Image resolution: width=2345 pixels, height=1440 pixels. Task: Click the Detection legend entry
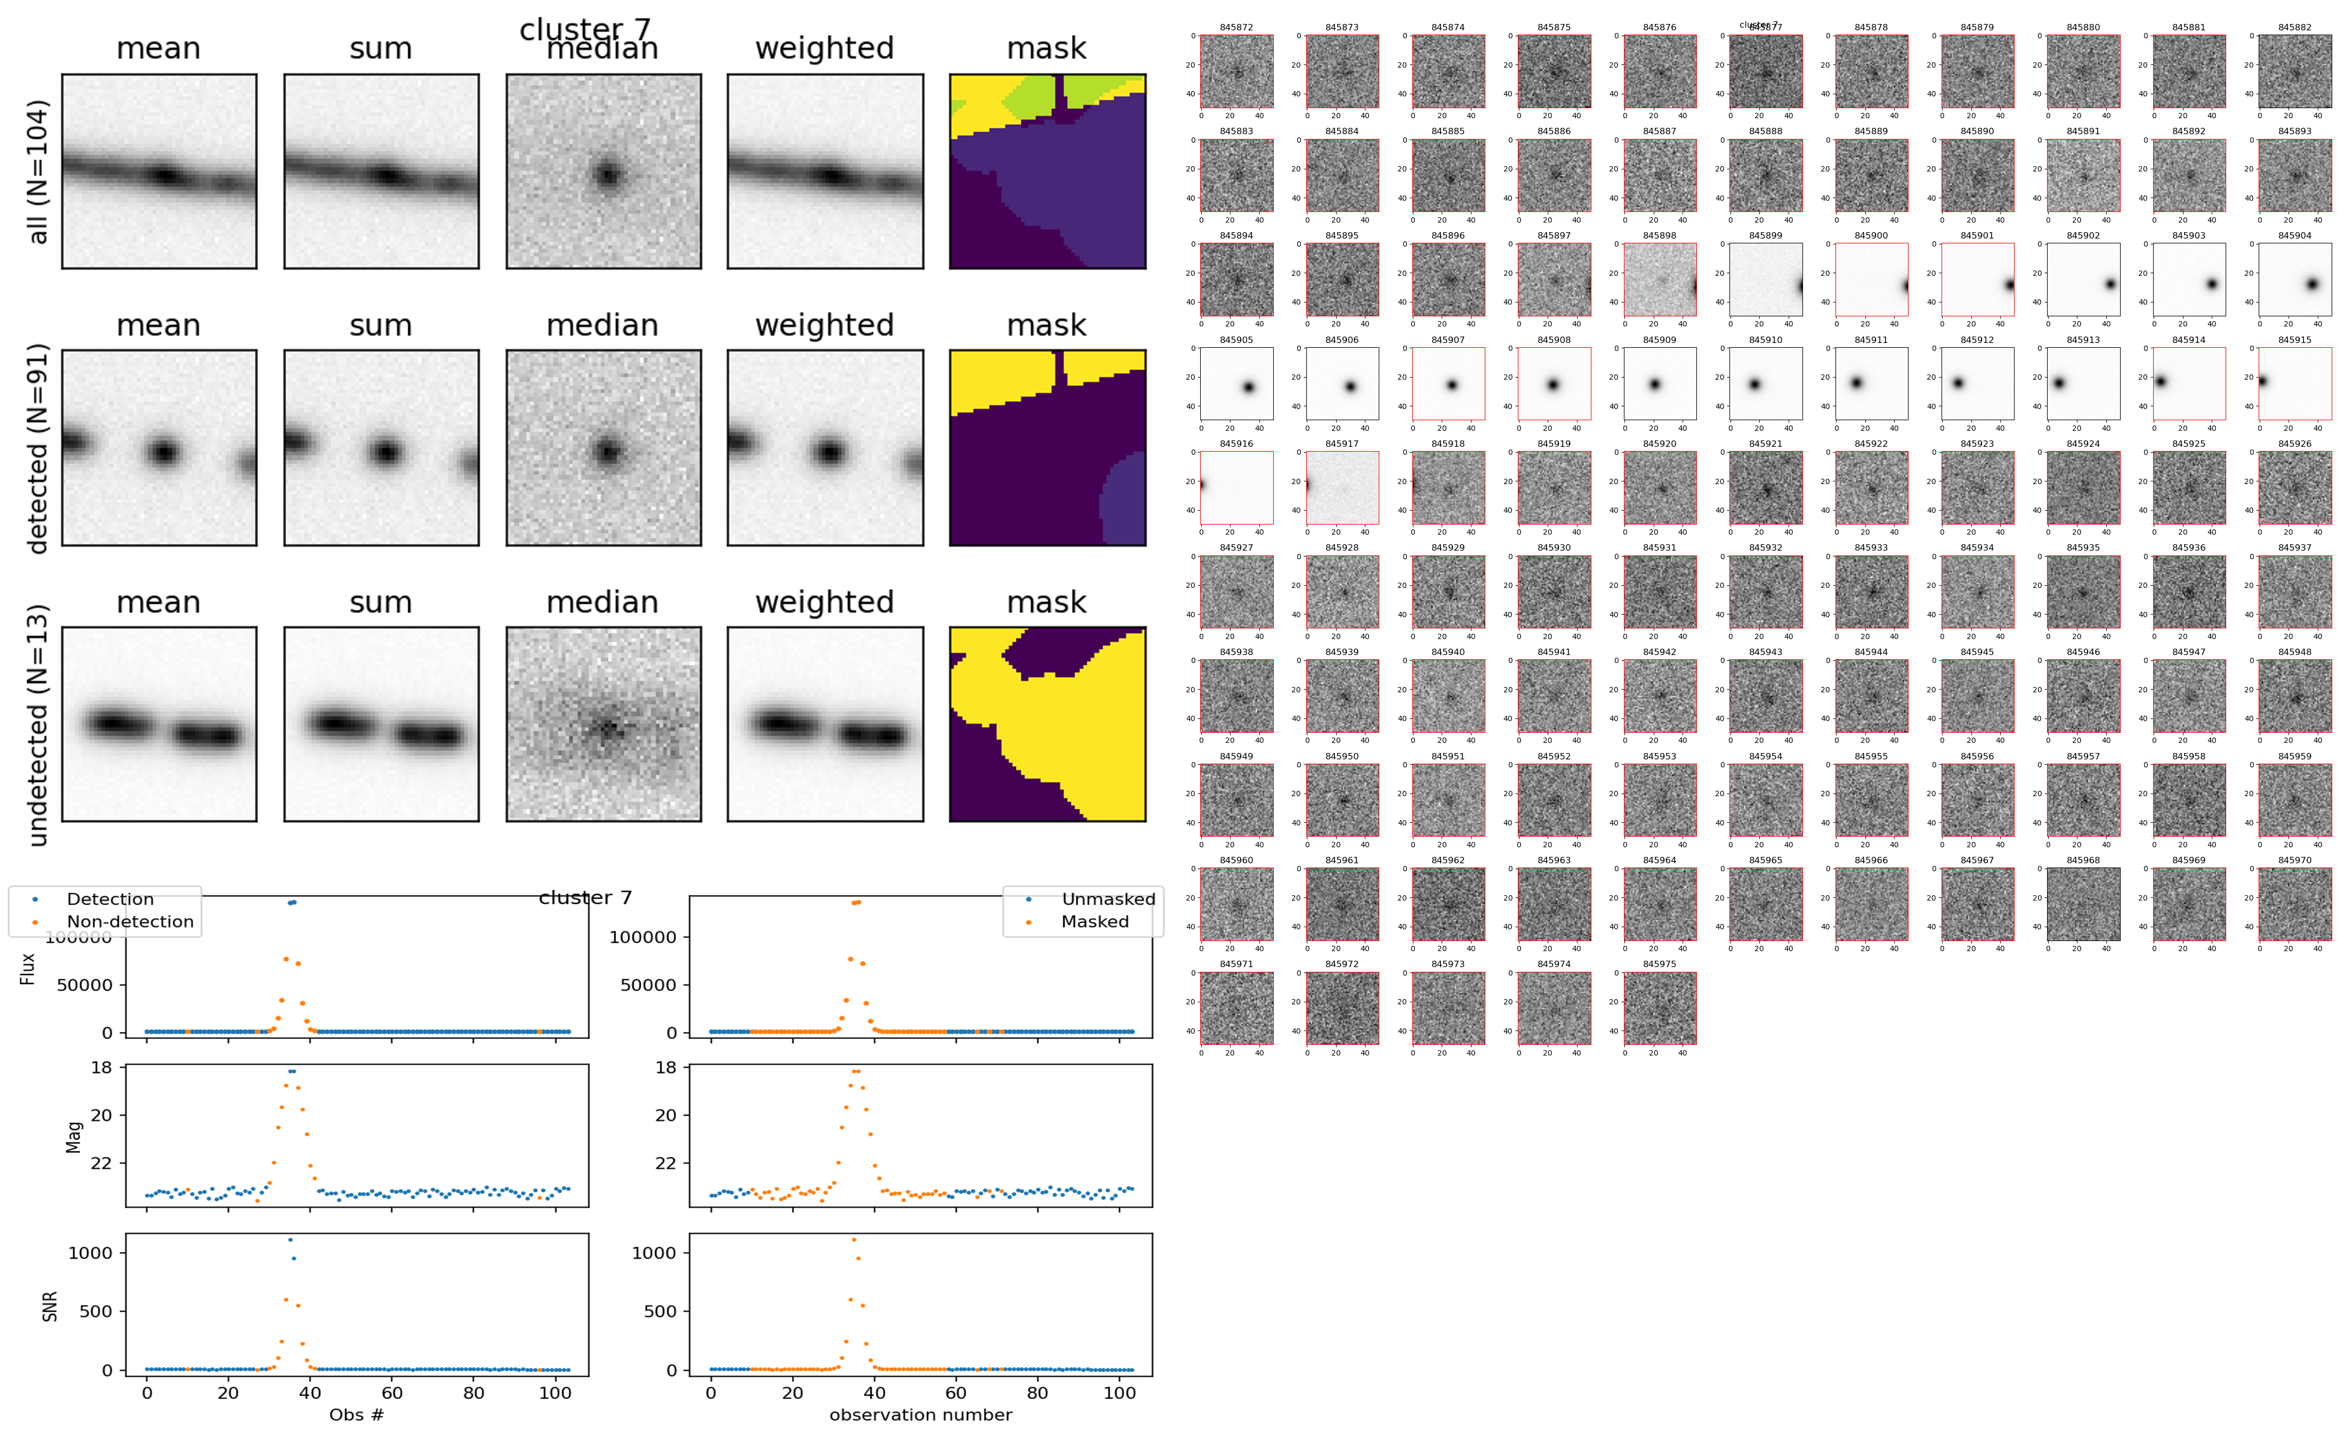(x=110, y=899)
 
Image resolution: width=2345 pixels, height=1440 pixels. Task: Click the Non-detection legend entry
(x=130, y=922)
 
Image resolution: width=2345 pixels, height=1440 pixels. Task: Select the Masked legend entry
(x=1095, y=922)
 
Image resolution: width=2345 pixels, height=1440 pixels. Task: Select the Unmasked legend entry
(x=1108, y=899)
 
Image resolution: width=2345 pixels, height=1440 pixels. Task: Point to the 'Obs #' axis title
(x=357, y=1416)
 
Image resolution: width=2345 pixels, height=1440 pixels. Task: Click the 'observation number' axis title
(x=920, y=1416)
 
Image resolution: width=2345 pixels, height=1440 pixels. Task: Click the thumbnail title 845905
(x=1236, y=340)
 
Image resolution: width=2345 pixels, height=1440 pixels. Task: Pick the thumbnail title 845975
(x=1659, y=965)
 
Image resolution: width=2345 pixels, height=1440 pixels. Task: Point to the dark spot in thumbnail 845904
(x=2311, y=284)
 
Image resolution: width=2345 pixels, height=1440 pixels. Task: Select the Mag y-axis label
(x=74, y=1136)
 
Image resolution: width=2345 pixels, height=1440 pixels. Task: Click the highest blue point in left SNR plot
(x=290, y=1240)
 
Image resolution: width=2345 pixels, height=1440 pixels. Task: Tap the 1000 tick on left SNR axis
(x=91, y=1253)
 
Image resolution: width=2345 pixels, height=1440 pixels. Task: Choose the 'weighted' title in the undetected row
(x=824, y=603)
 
